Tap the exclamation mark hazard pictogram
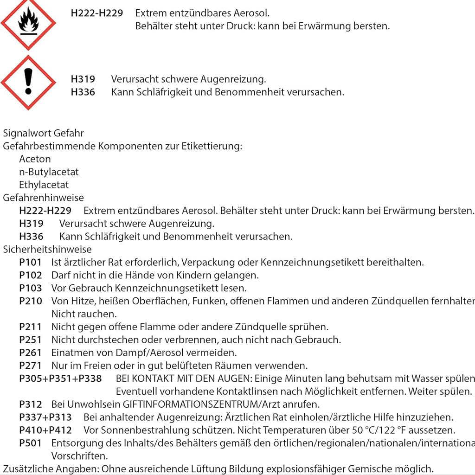tap(28, 83)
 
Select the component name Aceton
tap(35, 159)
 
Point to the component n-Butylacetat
tap(49, 172)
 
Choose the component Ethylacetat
tap(44, 185)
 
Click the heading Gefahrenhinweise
tap(43, 198)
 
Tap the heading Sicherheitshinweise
tap(47, 250)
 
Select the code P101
tap(31, 263)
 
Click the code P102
tap(31, 276)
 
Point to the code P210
tap(31, 302)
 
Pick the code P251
tap(31, 340)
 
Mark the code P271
tap(31, 366)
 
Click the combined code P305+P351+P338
tap(60, 379)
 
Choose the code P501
tap(31, 443)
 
